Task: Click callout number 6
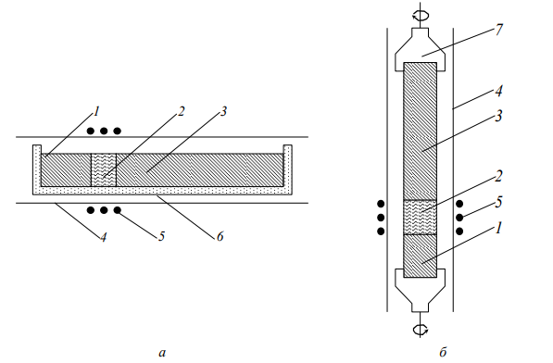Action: (x=220, y=236)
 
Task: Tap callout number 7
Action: (x=498, y=30)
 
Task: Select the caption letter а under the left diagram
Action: (x=162, y=353)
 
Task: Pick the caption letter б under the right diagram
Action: (x=443, y=352)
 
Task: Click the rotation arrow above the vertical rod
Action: (x=421, y=15)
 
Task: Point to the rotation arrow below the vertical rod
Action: (x=421, y=330)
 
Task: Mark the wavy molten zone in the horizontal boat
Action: (x=104, y=169)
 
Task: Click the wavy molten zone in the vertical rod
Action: (x=420, y=218)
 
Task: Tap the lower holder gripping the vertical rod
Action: (x=420, y=290)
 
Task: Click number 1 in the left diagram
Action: (x=96, y=112)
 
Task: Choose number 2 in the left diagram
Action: (x=181, y=112)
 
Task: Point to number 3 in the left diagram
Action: (x=223, y=112)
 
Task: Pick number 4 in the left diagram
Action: (x=103, y=237)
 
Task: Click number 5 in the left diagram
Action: (x=161, y=236)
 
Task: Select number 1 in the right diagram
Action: (x=498, y=229)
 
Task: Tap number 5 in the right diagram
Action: (x=498, y=202)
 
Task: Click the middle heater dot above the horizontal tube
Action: (x=104, y=131)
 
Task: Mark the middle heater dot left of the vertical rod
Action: (x=381, y=218)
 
